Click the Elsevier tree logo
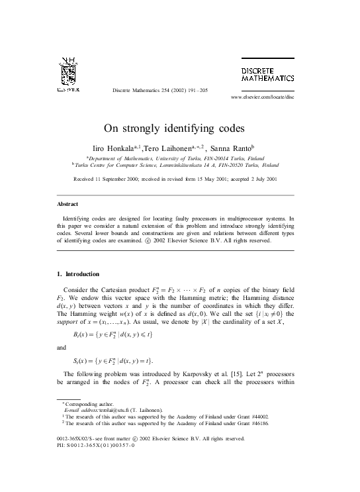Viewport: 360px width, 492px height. coord(68,71)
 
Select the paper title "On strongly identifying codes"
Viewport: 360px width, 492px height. coord(179,128)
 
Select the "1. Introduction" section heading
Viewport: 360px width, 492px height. coord(79,273)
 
